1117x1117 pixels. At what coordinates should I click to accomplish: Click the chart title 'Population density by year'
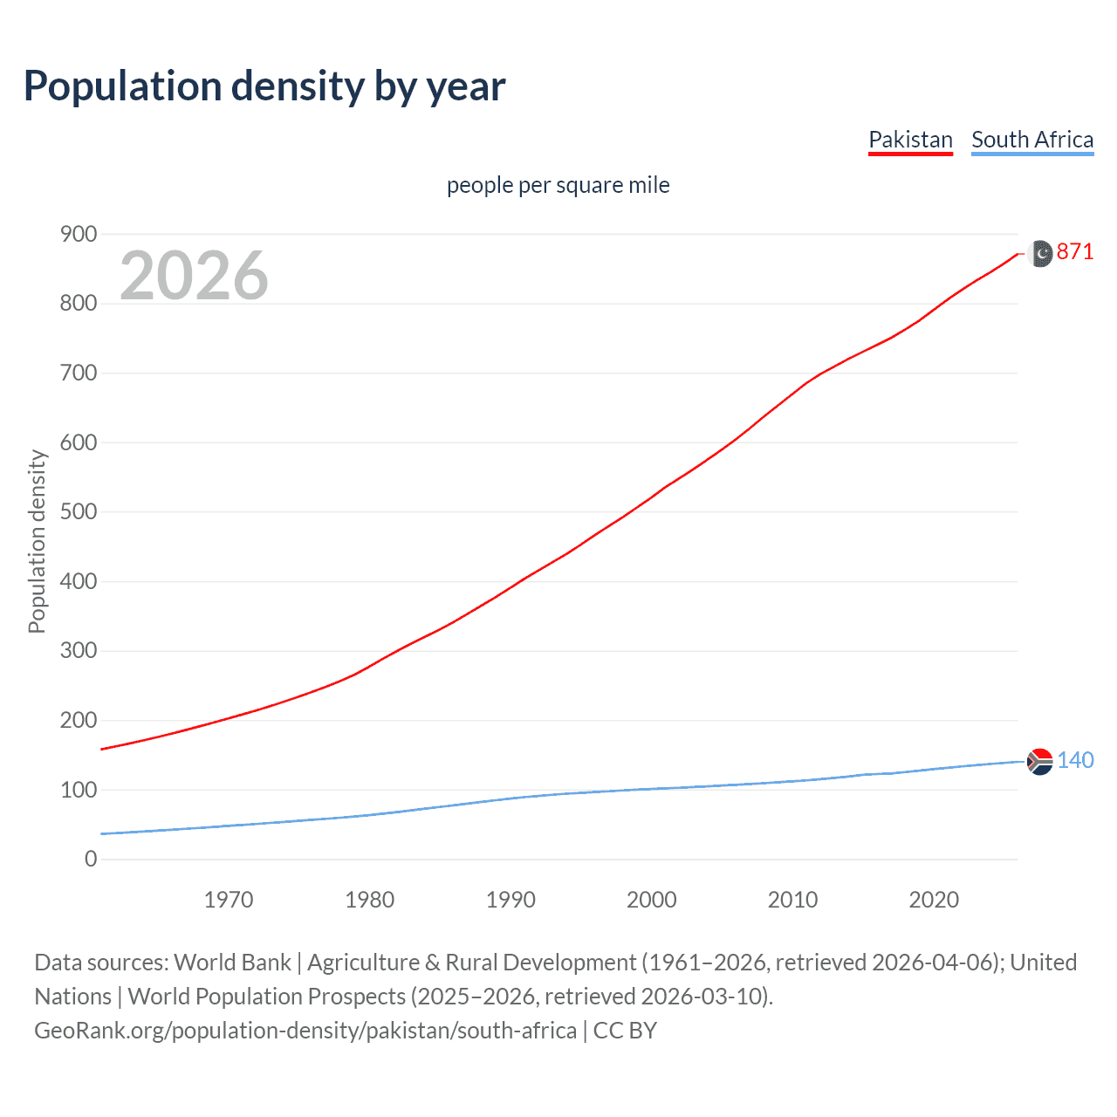(264, 86)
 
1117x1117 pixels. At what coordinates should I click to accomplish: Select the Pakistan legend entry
(910, 140)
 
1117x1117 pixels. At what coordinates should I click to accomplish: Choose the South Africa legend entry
(1032, 140)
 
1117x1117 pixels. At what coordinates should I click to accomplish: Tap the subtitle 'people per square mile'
(558, 185)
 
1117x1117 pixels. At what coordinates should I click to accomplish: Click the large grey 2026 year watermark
(194, 276)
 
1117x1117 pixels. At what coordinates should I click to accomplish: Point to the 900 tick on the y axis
(79, 234)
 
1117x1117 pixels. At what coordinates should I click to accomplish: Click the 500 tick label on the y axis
(79, 511)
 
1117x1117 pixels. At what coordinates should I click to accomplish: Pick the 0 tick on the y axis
(91, 859)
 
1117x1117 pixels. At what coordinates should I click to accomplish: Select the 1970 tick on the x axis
(229, 900)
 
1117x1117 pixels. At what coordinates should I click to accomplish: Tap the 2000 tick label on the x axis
(652, 900)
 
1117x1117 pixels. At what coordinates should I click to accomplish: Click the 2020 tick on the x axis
(934, 900)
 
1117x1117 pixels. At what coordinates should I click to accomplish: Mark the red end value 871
(1075, 252)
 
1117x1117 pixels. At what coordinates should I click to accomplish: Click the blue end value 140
(1075, 760)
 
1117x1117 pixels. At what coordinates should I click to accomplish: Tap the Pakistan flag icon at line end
(1041, 253)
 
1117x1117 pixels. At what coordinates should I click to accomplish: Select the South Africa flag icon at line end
(1040, 762)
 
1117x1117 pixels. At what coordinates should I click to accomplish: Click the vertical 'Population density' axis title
(37, 541)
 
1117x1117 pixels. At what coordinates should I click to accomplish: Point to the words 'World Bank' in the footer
(232, 963)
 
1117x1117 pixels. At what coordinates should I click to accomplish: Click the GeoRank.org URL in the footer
(305, 1031)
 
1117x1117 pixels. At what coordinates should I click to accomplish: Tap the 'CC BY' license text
(625, 1031)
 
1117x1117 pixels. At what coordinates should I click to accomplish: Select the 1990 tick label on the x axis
(511, 900)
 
